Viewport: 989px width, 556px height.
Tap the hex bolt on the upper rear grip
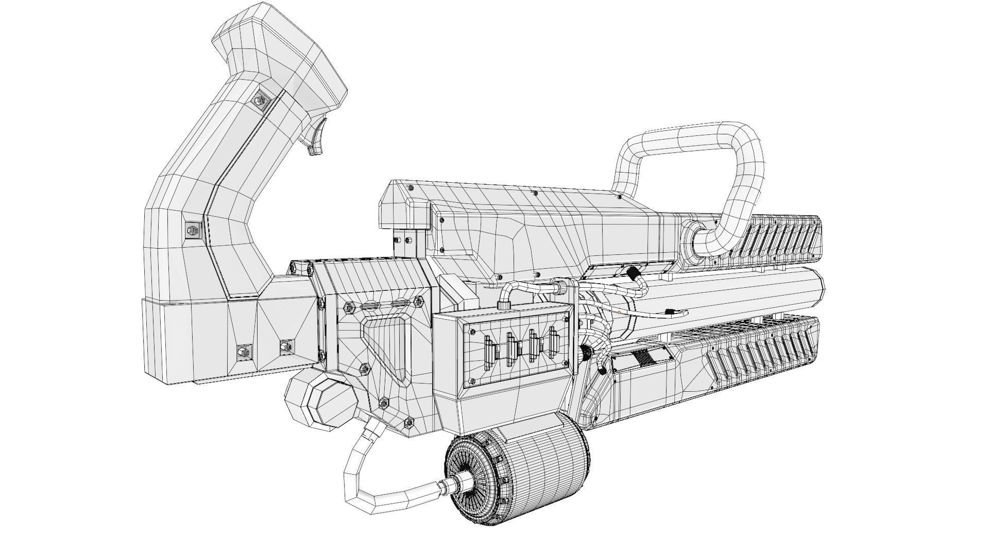[x=260, y=100]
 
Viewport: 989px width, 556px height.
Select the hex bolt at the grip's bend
[x=193, y=230]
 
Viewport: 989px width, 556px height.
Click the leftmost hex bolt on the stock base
[x=242, y=353]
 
